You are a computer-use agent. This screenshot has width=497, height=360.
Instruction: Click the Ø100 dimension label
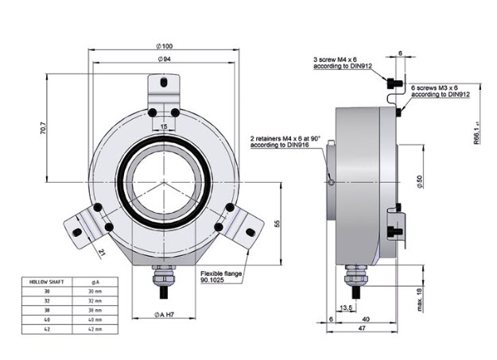click(165, 45)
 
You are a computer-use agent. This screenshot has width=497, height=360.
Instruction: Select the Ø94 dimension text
click(165, 59)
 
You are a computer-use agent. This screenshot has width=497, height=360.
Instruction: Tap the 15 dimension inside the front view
click(164, 126)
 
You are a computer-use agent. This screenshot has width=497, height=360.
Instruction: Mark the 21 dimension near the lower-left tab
click(103, 252)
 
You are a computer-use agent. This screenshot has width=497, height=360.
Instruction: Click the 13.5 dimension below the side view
click(346, 307)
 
